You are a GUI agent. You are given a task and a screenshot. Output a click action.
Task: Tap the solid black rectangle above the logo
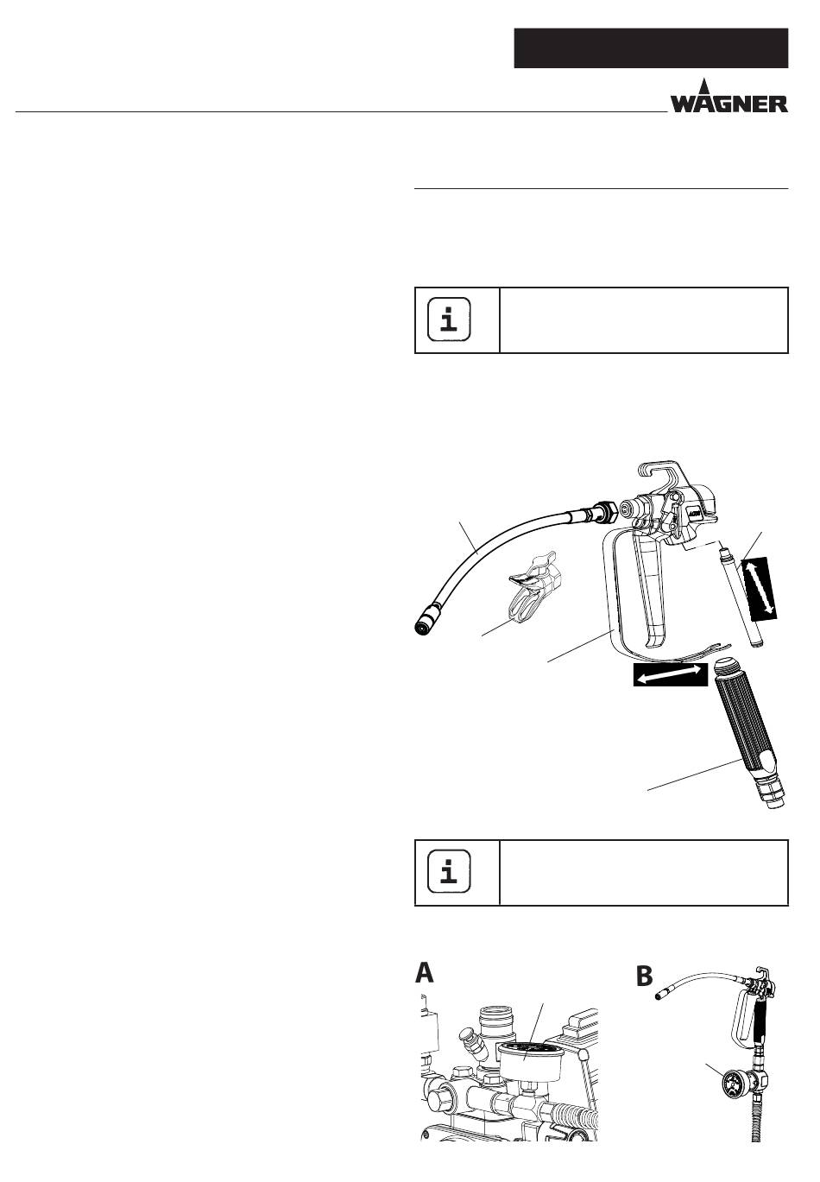click(x=651, y=47)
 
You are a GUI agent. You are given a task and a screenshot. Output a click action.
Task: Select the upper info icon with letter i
click(x=450, y=320)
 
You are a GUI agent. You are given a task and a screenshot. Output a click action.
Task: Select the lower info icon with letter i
click(x=450, y=873)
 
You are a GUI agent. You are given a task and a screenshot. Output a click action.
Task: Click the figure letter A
click(x=424, y=973)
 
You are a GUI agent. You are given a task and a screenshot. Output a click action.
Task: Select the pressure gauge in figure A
click(x=527, y=1059)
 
